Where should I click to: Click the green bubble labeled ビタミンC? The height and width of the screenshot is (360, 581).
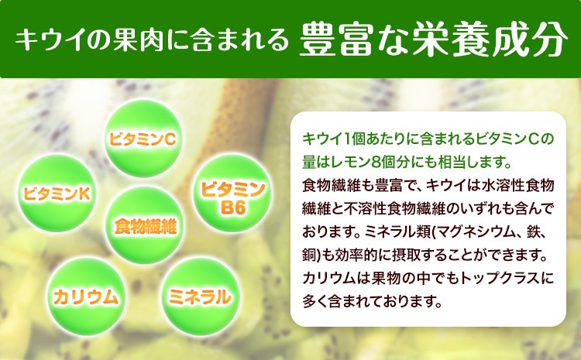[143, 139]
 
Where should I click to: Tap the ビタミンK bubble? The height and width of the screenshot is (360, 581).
[57, 194]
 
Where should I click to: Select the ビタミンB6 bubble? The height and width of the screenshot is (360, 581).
[232, 194]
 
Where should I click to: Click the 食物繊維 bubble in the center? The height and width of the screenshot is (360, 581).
[145, 225]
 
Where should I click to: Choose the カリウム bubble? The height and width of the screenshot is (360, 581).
[86, 297]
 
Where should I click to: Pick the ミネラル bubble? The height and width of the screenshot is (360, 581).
[200, 297]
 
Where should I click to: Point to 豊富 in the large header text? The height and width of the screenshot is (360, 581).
[335, 39]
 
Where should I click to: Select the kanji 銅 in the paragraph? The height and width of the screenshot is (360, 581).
[309, 255]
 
